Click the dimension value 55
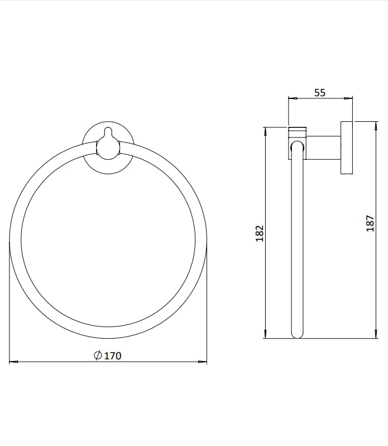tap(319, 93)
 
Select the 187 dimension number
tap(368, 225)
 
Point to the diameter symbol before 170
tap(97, 355)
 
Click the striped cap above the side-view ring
tap(297, 133)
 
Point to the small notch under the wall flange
tap(347, 175)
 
